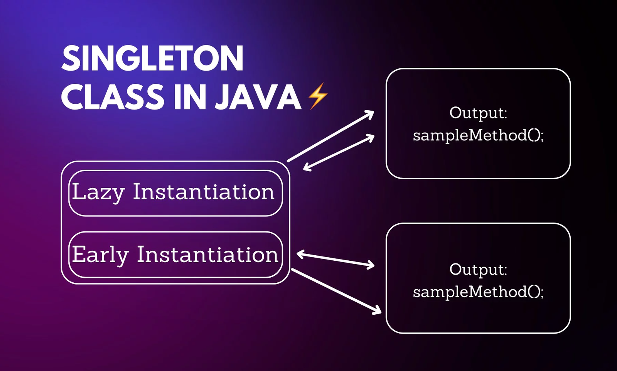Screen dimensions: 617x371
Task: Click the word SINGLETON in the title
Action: (x=153, y=58)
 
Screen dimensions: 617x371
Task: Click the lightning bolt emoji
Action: (x=318, y=96)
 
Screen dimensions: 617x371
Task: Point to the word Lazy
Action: (x=98, y=192)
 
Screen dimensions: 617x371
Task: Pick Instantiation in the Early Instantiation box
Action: (x=207, y=254)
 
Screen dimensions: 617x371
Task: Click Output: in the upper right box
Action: (x=478, y=113)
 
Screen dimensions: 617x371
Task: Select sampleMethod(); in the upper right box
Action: (x=478, y=136)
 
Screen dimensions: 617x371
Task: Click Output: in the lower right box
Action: (x=478, y=270)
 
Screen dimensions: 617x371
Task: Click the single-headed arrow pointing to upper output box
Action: (x=330, y=136)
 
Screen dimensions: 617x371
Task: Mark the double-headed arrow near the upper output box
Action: (x=339, y=152)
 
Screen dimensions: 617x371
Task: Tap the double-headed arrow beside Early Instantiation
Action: (x=335, y=259)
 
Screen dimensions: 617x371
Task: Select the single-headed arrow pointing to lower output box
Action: (x=336, y=292)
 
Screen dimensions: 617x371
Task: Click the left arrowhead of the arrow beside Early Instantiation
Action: (x=300, y=254)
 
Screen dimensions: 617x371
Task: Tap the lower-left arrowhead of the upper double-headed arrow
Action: (x=307, y=167)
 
